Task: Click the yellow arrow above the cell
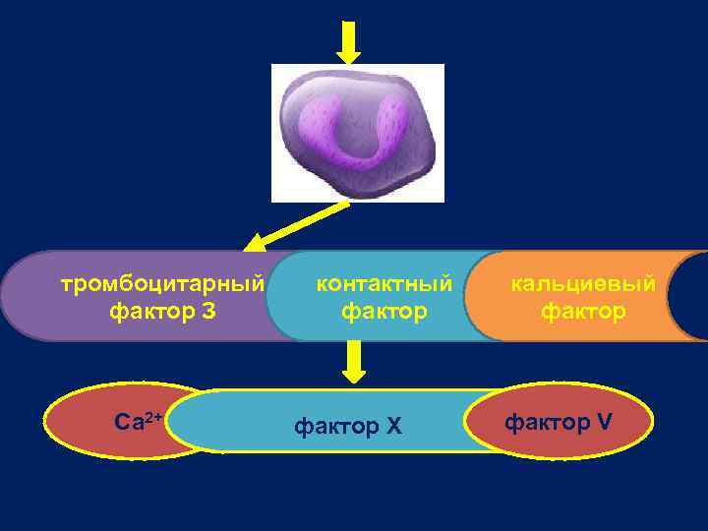point(349,42)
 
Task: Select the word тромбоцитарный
point(163,285)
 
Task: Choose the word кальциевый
point(582,284)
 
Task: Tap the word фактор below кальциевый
point(582,312)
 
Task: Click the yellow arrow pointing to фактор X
point(355,362)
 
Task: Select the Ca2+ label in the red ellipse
point(139,423)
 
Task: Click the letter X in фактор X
point(394,427)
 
